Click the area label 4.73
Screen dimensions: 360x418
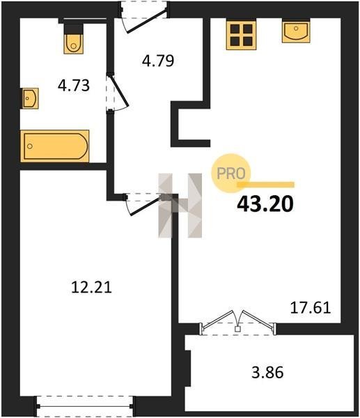point(74,86)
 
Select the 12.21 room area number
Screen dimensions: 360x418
point(91,288)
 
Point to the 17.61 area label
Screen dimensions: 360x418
point(311,308)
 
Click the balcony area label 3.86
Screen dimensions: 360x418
point(267,373)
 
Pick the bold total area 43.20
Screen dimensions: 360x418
point(265,204)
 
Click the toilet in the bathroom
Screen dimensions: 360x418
point(74,38)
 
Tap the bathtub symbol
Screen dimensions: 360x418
point(55,146)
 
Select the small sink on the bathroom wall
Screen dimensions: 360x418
point(29,98)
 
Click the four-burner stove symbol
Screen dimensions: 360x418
point(241,36)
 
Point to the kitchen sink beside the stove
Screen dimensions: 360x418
point(296,31)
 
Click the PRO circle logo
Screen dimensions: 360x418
point(230,173)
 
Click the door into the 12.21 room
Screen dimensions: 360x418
point(143,204)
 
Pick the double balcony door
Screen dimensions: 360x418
point(237,322)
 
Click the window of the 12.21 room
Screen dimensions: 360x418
point(85,406)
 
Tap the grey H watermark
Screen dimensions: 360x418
point(180,206)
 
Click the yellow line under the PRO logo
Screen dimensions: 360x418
point(266,185)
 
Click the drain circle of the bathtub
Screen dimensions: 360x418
point(30,146)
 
